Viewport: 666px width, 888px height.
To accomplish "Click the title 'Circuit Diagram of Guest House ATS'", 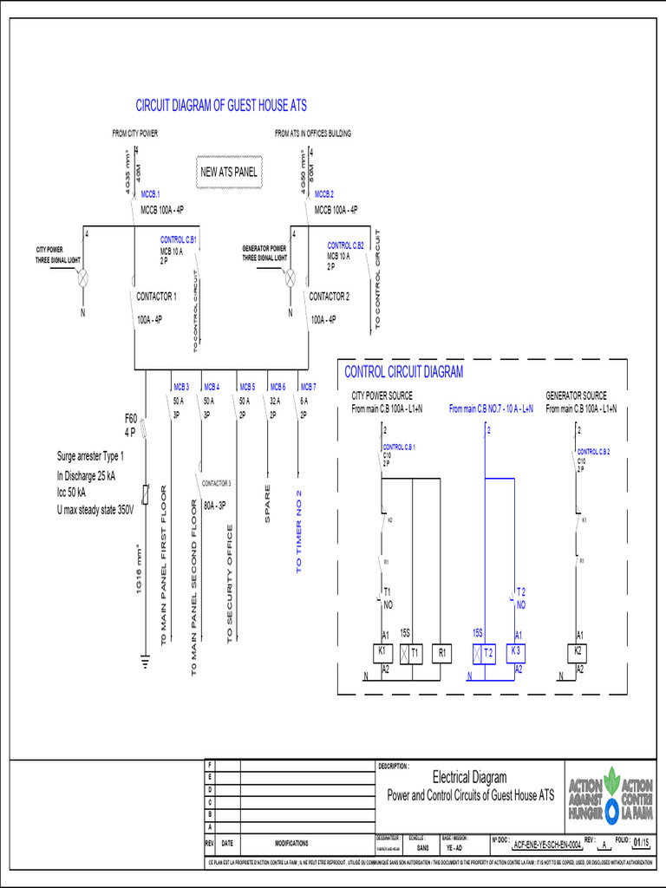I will [x=221, y=105].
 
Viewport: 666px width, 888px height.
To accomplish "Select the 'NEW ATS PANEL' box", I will [x=229, y=172].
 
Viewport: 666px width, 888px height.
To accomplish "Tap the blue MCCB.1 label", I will [x=151, y=195].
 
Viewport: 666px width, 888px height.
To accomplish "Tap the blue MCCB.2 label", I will [x=324, y=195].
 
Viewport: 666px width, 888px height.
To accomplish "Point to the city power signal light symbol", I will [x=85, y=279].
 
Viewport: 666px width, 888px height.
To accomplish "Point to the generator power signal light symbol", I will [x=291, y=279].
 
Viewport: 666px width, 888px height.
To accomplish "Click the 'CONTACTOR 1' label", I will [x=156, y=297].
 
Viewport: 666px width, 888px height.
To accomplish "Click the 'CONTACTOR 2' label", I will [x=330, y=297].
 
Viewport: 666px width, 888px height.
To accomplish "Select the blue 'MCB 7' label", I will [x=308, y=387].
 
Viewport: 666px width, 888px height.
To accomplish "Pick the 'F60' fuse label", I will [x=131, y=419].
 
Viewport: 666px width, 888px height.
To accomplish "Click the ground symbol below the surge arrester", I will [x=145, y=663].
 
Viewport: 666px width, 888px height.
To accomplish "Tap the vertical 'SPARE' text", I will [x=268, y=503].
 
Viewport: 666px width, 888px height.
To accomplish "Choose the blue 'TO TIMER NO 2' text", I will [x=299, y=531].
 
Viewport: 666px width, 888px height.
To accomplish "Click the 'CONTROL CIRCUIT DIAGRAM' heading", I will [x=404, y=372].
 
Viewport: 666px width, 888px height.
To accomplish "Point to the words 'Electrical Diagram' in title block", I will [x=469, y=777].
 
